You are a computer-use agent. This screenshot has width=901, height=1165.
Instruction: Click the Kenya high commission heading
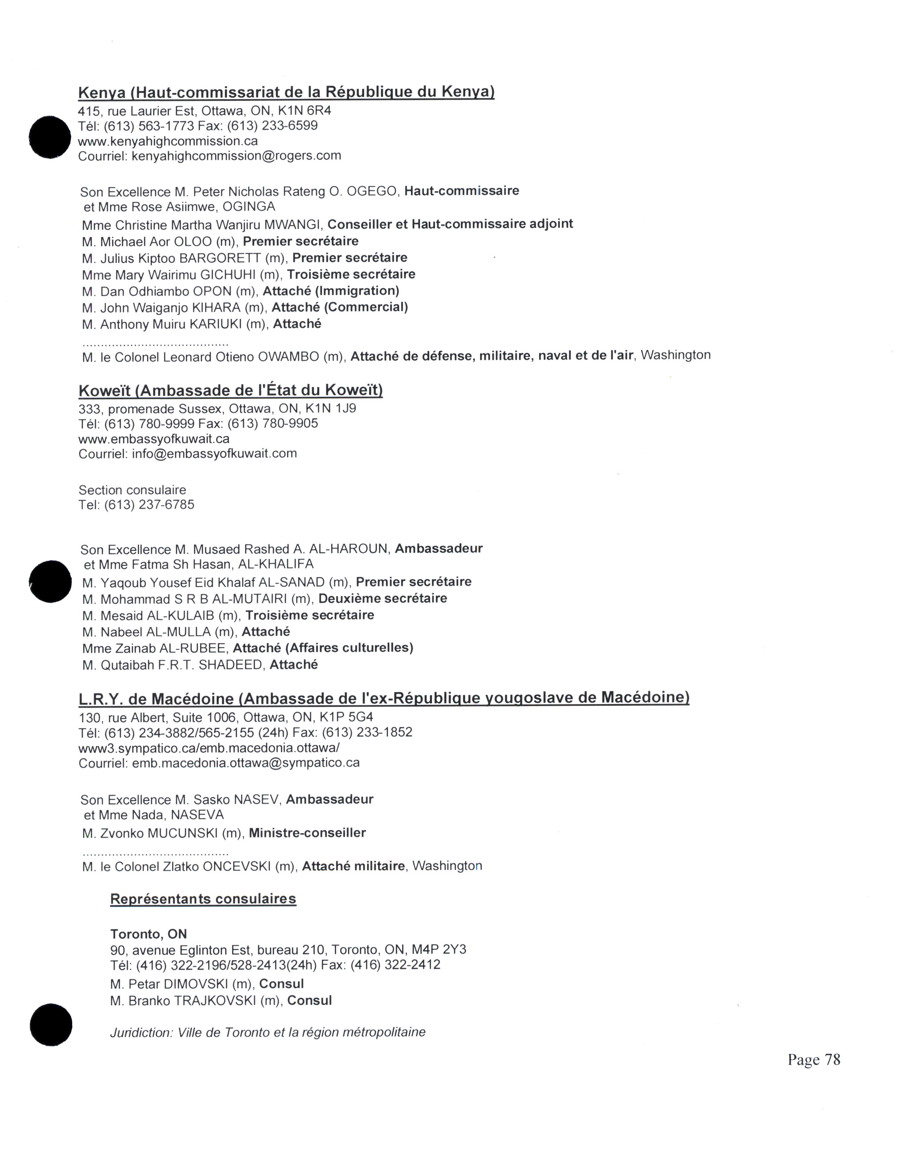286,92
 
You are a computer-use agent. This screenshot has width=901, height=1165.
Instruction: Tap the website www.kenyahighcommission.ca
167,141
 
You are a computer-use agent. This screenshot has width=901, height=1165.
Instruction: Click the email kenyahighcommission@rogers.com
236,156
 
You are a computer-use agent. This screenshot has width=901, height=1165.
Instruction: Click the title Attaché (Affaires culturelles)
323,648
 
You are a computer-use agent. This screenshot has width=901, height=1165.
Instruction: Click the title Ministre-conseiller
307,833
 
